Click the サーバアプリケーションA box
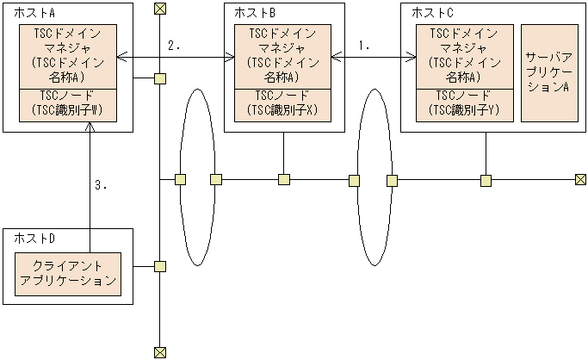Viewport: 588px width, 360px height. click(x=549, y=73)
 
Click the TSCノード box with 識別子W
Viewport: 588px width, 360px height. click(x=68, y=104)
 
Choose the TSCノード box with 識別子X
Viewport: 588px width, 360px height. click(x=283, y=104)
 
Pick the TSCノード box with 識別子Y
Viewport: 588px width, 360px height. click(x=464, y=104)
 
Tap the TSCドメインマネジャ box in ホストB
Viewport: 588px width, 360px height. click(x=283, y=56)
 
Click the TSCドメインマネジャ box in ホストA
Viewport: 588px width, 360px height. click(x=68, y=56)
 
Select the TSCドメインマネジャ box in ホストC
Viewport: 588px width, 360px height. click(x=464, y=56)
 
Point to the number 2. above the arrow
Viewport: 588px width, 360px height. click(x=174, y=47)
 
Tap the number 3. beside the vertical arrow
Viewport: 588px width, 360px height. click(x=101, y=184)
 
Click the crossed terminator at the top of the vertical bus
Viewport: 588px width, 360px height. click(x=159, y=9)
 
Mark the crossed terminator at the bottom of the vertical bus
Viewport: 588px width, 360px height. click(x=159, y=351)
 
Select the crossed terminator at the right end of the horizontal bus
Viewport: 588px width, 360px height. click(x=581, y=179)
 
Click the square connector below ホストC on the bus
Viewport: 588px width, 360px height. click(x=486, y=179)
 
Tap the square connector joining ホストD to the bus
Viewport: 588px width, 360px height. click(x=159, y=265)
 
